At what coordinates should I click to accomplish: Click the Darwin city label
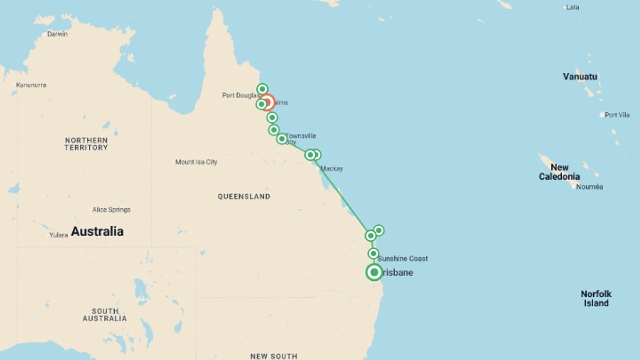point(57,34)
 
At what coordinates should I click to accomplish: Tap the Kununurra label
point(31,85)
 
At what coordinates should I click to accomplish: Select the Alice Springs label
point(111,210)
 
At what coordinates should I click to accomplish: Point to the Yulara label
point(58,235)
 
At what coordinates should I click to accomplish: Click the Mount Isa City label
point(196,162)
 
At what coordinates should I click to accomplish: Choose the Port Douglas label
point(240,95)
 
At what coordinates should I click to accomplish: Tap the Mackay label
point(331,169)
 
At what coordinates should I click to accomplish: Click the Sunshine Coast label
point(402,258)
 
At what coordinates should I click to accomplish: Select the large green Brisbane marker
point(374,272)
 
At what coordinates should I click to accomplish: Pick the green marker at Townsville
point(282,139)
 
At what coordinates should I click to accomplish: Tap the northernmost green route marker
point(262,89)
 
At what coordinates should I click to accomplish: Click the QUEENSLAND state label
point(244,197)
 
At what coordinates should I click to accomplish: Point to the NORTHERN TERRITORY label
point(86,144)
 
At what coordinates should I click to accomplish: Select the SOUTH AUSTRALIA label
point(105,315)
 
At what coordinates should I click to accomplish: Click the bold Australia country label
point(97,231)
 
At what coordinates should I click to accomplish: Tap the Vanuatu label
point(580,77)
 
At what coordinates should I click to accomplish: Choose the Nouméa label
point(589,187)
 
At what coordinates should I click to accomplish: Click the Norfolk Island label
point(596,298)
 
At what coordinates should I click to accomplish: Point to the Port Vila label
point(617,115)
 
